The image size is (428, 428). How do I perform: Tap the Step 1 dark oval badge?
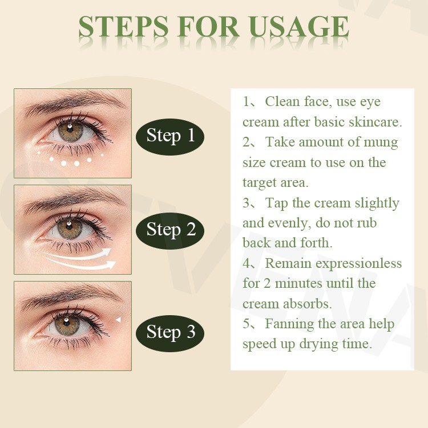(x=171, y=136)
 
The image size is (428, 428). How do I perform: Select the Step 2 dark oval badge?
(x=171, y=230)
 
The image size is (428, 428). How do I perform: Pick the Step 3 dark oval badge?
(x=171, y=332)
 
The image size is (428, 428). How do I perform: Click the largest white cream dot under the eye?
(x=76, y=164)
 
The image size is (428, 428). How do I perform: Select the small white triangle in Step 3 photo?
(x=118, y=320)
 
